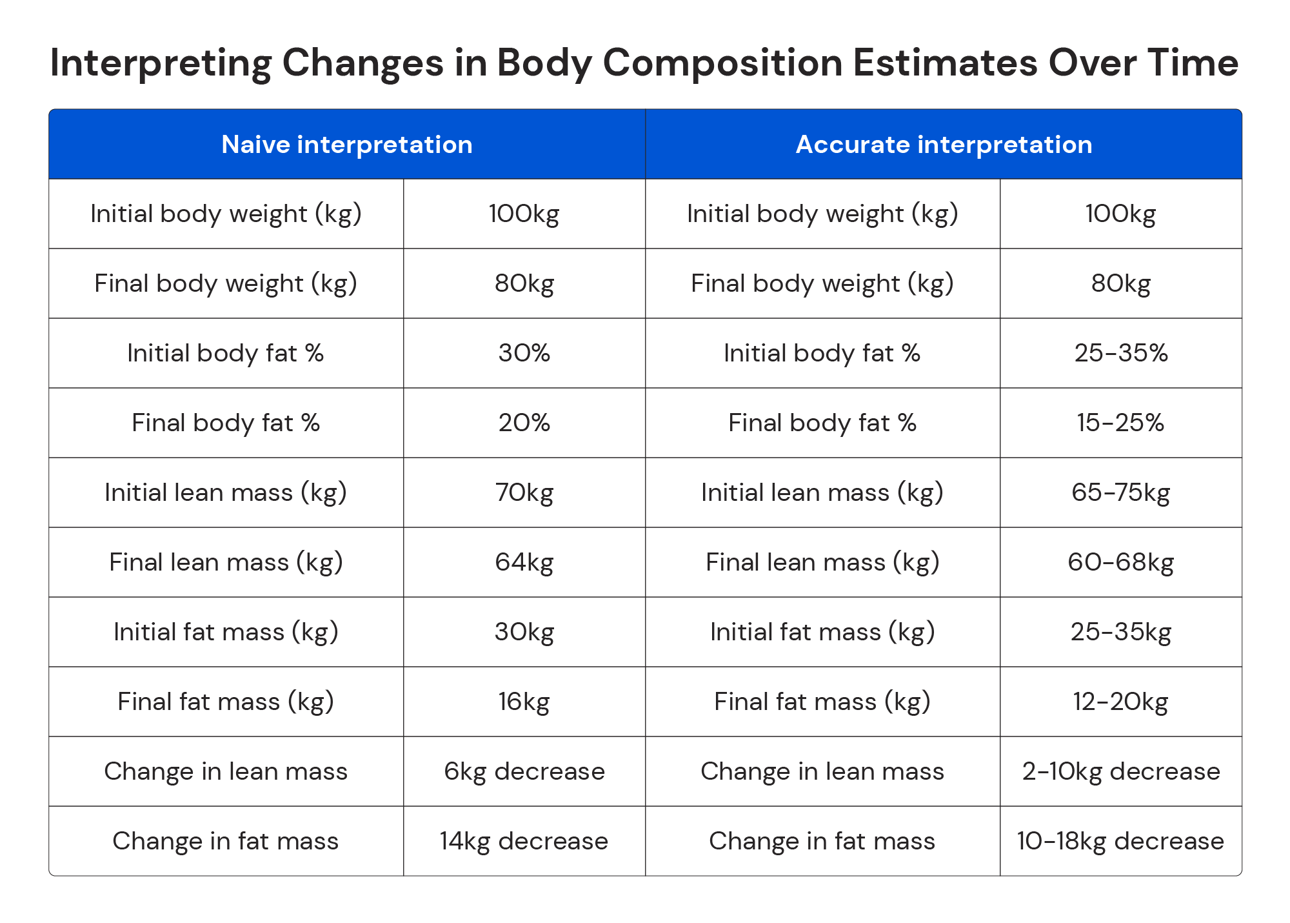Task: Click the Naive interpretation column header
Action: click(x=347, y=145)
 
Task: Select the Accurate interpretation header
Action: click(x=944, y=145)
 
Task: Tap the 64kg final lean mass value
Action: click(x=524, y=562)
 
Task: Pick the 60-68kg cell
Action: click(x=1120, y=562)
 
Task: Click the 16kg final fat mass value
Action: click(x=524, y=702)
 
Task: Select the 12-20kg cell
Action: click(x=1120, y=702)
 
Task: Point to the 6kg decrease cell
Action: click(x=524, y=771)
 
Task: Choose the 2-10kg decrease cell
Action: click(x=1120, y=771)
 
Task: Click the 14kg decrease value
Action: click(x=524, y=841)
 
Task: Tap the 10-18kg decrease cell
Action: click(x=1120, y=841)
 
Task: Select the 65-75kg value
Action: click(x=1120, y=492)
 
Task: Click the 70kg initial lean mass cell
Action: click(x=524, y=492)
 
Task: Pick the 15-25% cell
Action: click(x=1120, y=423)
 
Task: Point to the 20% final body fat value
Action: click(x=524, y=423)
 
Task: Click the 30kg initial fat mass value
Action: click(x=524, y=632)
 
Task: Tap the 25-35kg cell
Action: click(x=1120, y=632)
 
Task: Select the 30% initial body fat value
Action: click(x=524, y=353)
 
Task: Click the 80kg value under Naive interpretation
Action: click(x=524, y=283)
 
